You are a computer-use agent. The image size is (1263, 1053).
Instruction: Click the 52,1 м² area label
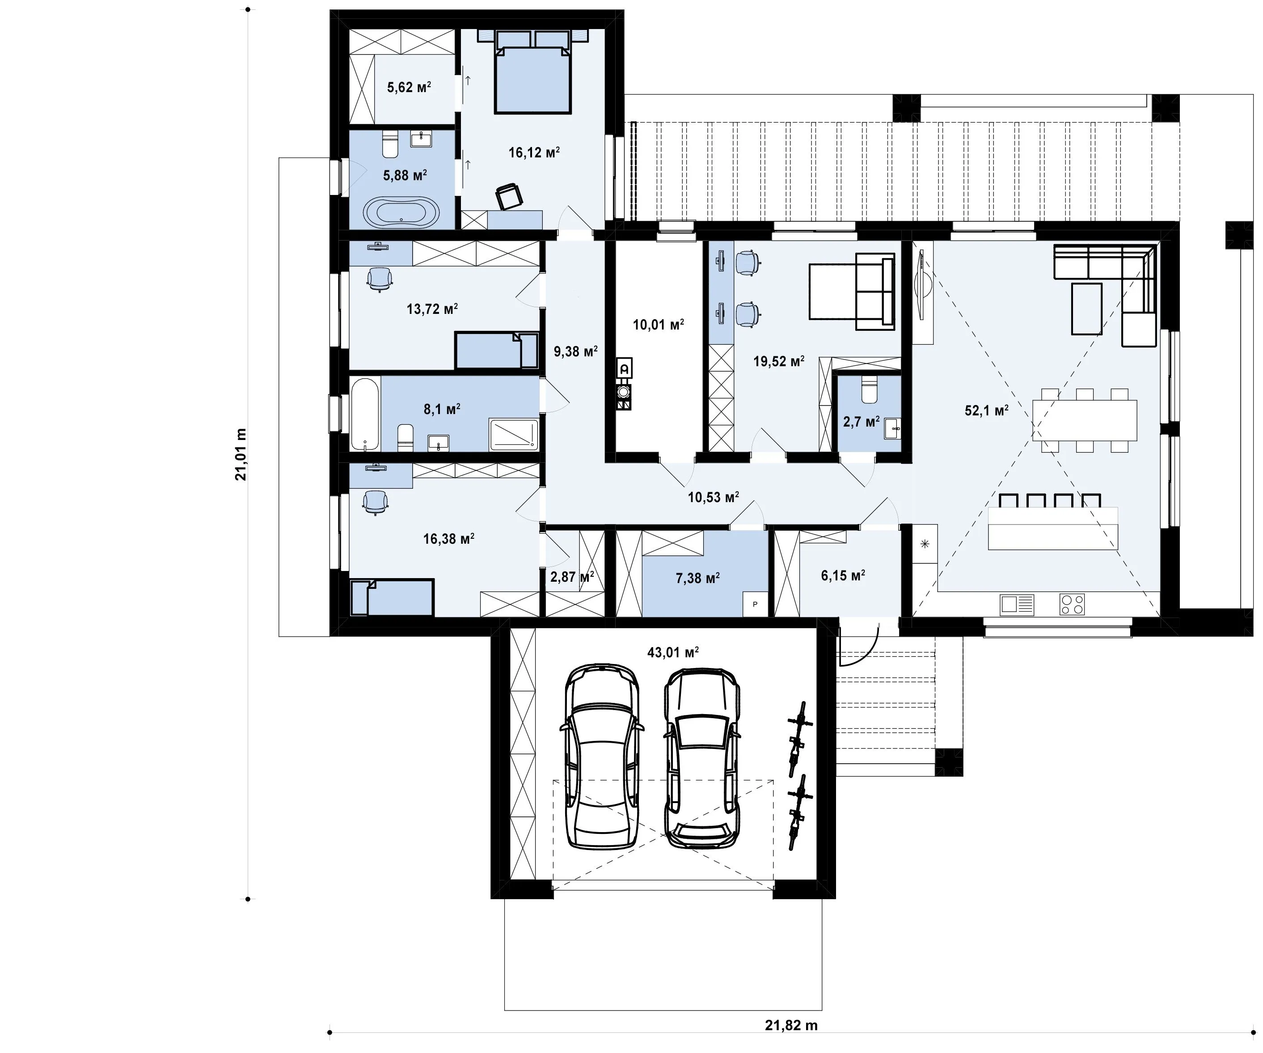(x=986, y=410)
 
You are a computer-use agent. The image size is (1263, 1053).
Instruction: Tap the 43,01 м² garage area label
(x=673, y=652)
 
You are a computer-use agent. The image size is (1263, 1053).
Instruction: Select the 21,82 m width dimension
(x=791, y=1025)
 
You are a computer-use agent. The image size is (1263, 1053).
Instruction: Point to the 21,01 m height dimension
(x=241, y=454)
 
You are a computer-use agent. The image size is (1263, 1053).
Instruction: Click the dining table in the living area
(x=1085, y=420)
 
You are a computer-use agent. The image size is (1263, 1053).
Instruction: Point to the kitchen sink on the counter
(x=1016, y=605)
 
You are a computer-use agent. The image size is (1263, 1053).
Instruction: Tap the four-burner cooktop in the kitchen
(x=1072, y=605)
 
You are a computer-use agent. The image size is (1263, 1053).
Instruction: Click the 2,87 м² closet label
(x=572, y=577)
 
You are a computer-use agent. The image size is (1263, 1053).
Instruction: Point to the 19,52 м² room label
(x=779, y=361)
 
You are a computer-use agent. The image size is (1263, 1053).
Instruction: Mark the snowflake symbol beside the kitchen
(x=925, y=544)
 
